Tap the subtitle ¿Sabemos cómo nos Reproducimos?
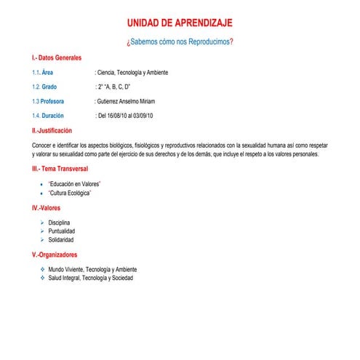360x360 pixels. [x=181, y=42]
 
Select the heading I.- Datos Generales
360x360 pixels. [x=57, y=57]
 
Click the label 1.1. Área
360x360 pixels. [x=43, y=73]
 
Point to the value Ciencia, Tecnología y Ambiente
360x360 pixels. [x=138, y=73]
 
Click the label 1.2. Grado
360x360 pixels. [x=44, y=87]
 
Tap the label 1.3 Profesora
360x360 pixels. [x=48, y=101]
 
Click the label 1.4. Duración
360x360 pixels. [x=48, y=116]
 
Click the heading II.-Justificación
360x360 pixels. [x=52, y=131]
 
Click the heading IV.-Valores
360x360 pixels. [x=46, y=208]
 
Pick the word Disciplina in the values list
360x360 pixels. [x=60, y=223]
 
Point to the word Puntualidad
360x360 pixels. [x=62, y=231]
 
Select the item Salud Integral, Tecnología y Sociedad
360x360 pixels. [x=91, y=278]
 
